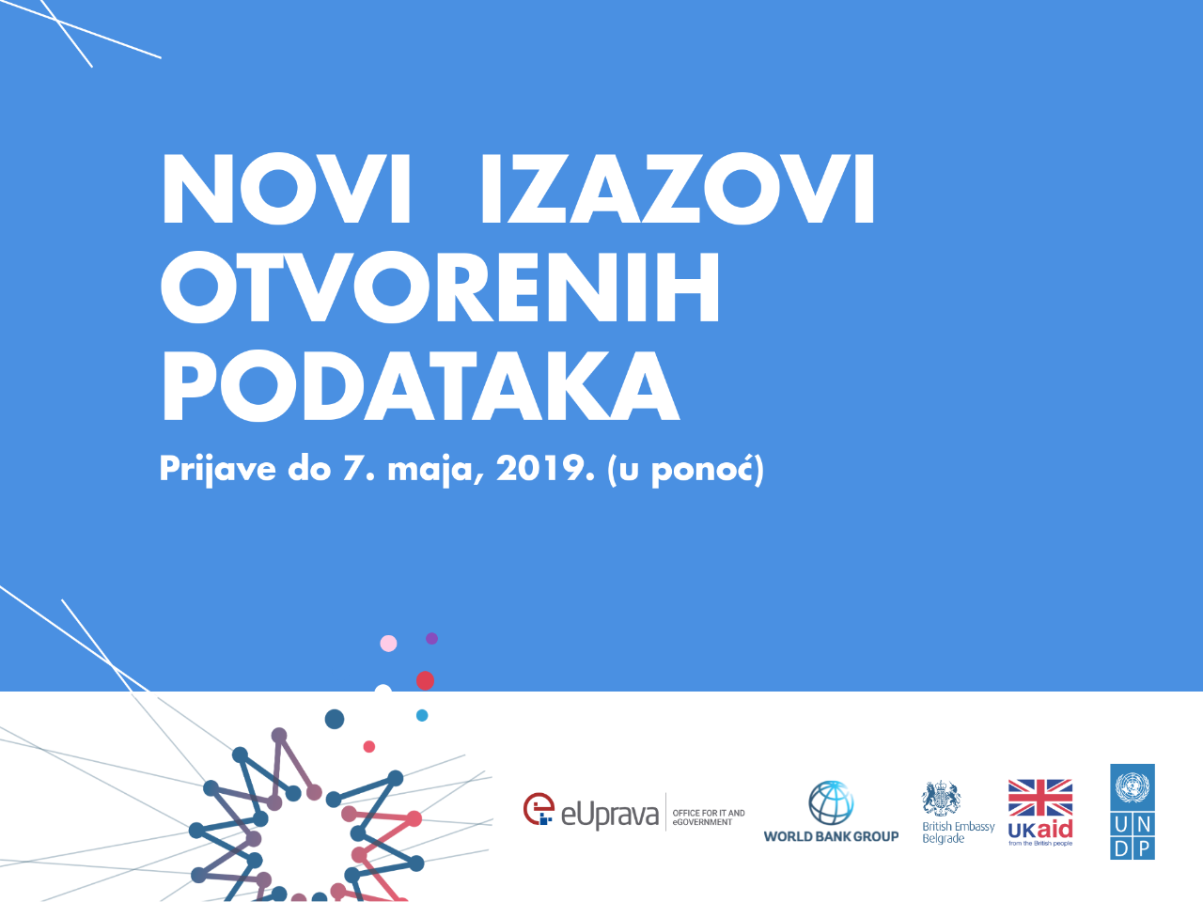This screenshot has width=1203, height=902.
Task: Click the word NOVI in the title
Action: pyautogui.click(x=287, y=190)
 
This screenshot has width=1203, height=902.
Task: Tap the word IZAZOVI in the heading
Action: pyautogui.click(x=677, y=190)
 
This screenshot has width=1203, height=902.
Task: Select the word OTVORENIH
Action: pyautogui.click(x=440, y=288)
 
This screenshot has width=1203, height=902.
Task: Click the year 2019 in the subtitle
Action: pyautogui.click(x=545, y=468)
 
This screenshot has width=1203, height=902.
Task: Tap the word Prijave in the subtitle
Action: pyautogui.click(x=217, y=469)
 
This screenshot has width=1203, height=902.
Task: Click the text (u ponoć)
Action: pyautogui.click(x=685, y=469)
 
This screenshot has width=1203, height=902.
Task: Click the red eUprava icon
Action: pyautogui.click(x=539, y=810)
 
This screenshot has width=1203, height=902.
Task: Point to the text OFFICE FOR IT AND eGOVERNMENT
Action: pyautogui.click(x=708, y=817)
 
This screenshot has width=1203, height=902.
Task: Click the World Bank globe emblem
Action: pyautogui.click(x=831, y=802)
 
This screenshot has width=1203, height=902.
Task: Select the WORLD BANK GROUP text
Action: pyautogui.click(x=831, y=836)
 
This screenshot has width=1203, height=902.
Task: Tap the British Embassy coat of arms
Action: pyautogui.click(x=941, y=799)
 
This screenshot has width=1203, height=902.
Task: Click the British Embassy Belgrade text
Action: pyautogui.click(x=958, y=832)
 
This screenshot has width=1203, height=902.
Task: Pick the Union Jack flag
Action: pyautogui.click(x=1040, y=797)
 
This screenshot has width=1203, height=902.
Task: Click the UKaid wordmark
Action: pyautogui.click(x=1040, y=830)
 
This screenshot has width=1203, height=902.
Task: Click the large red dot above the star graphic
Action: pyautogui.click(x=425, y=680)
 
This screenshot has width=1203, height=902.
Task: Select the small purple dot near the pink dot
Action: pyautogui.click(x=431, y=639)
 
